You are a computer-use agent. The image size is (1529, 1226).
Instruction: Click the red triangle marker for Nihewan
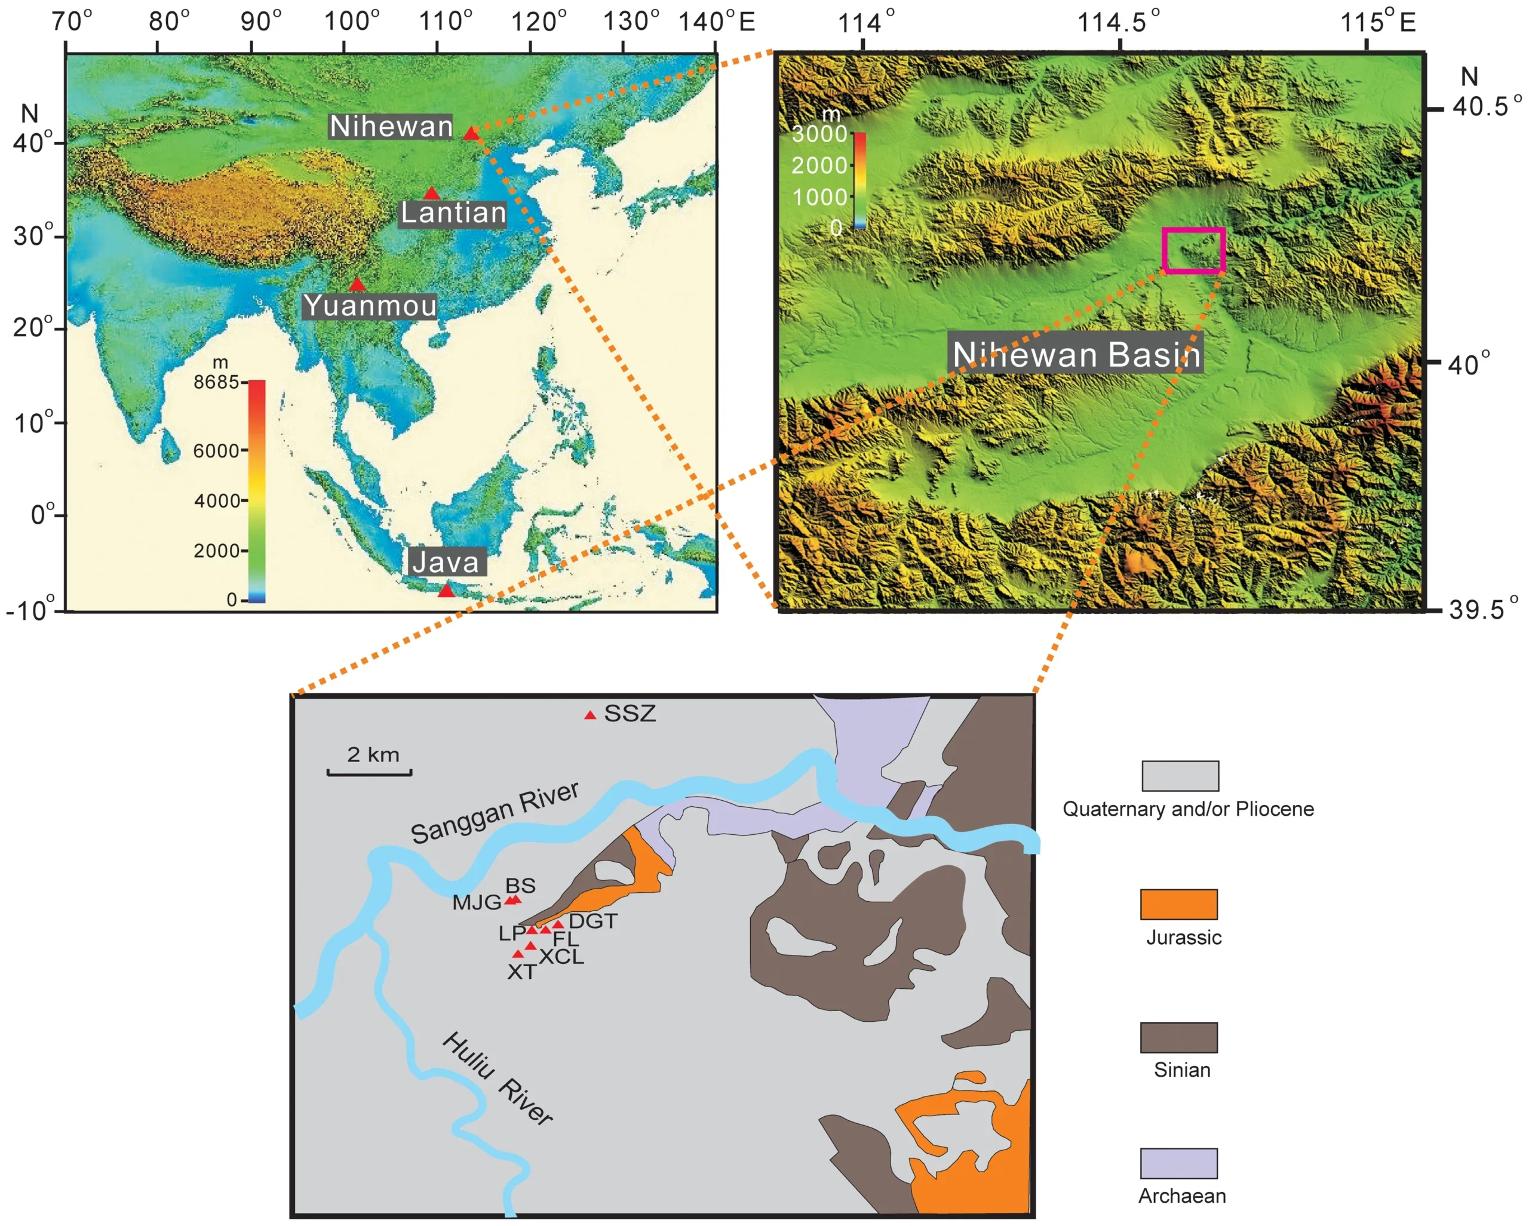[x=471, y=133]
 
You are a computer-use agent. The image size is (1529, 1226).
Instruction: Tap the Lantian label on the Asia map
[x=453, y=213]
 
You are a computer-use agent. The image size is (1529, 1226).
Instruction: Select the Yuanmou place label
[x=370, y=306]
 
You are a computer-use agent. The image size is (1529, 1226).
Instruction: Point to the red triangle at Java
[x=446, y=590]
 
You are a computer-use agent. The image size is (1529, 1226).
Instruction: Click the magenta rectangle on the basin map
[x=1193, y=250]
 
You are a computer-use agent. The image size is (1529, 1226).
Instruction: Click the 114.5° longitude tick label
[x=1119, y=22]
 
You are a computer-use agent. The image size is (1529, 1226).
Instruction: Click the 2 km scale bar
[x=370, y=772]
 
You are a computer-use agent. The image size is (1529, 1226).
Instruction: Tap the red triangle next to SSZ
[x=590, y=715]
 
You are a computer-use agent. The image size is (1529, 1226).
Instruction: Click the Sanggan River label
[x=495, y=813]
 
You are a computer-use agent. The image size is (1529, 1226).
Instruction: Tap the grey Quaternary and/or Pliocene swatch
[x=1180, y=776]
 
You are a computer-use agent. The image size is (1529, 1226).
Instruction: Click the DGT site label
[x=594, y=921]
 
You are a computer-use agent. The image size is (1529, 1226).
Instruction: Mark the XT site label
[x=521, y=972]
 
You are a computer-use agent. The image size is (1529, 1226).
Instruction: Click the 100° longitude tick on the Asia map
[x=352, y=22]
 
